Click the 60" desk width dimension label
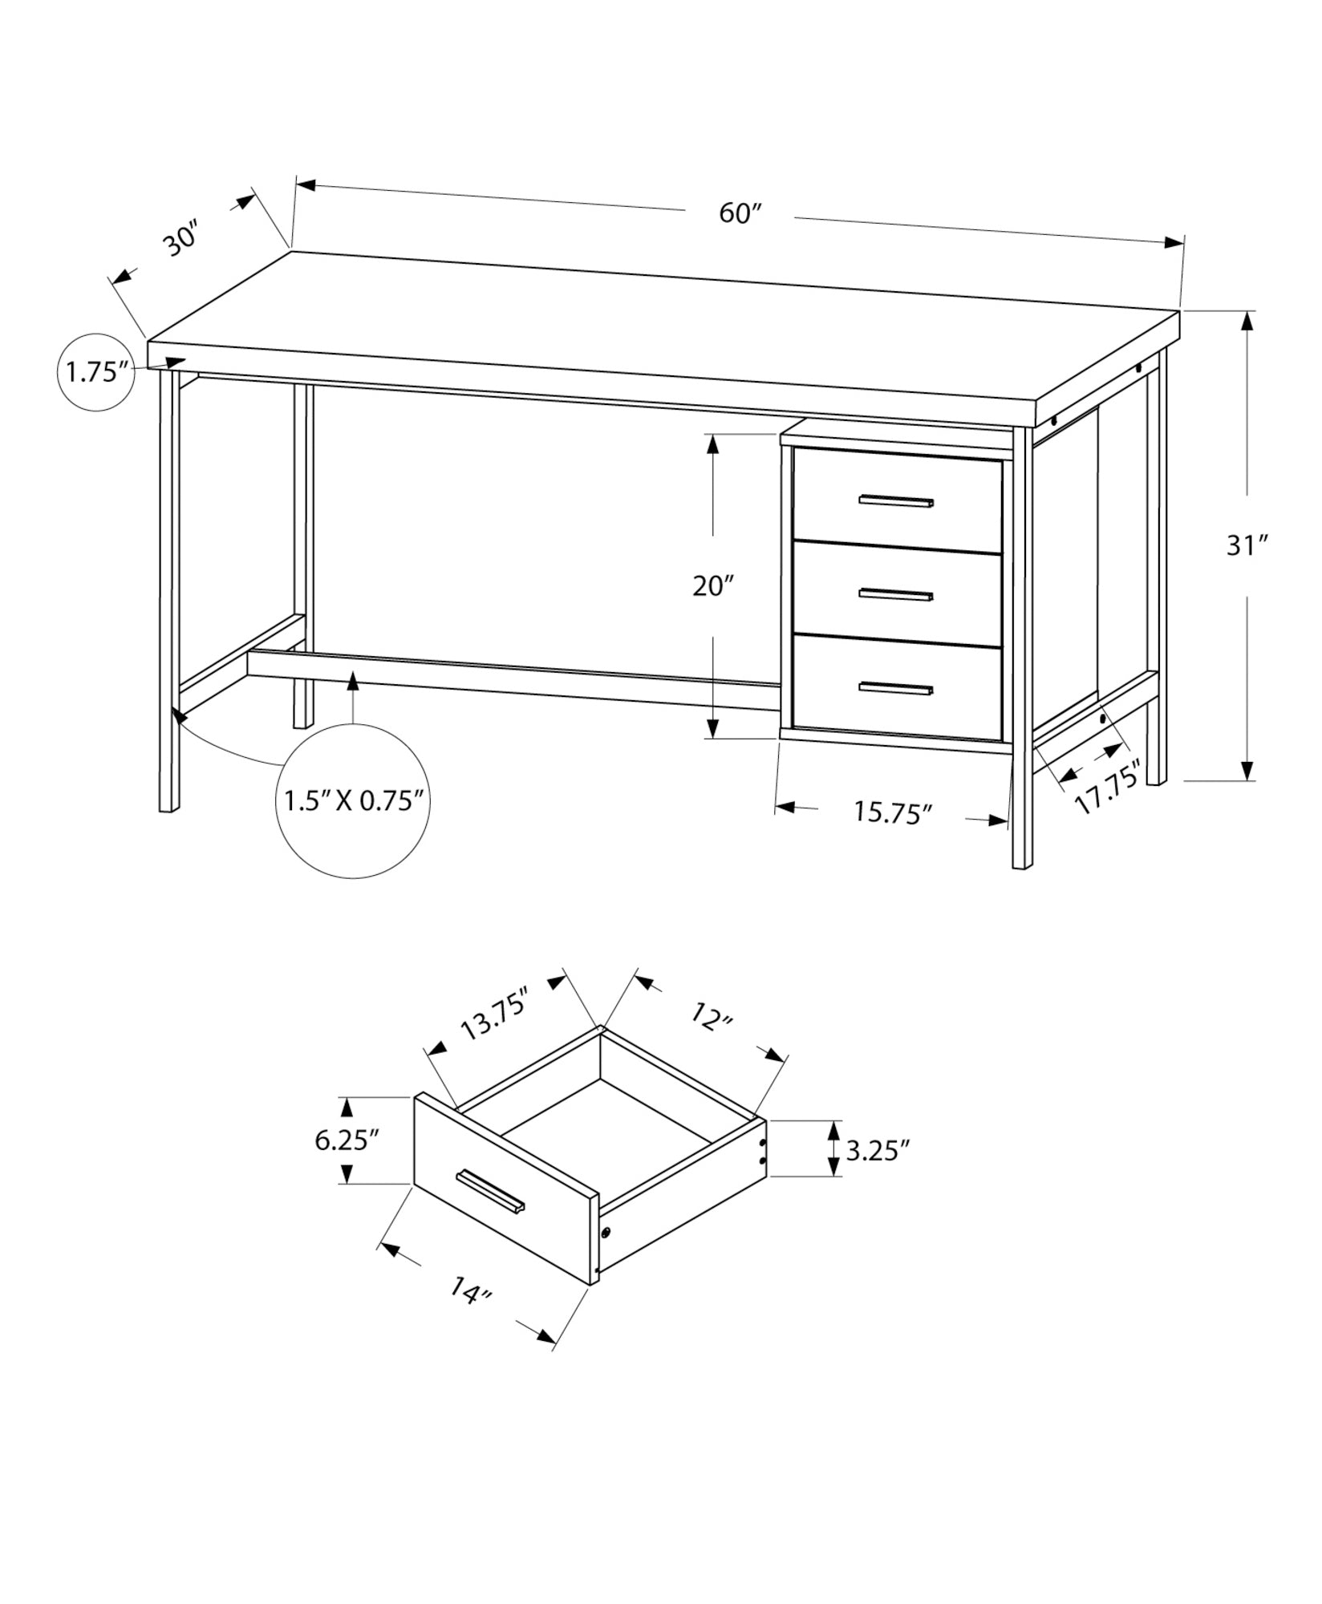tap(739, 213)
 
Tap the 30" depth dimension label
tap(182, 241)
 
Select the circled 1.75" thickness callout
tap(98, 372)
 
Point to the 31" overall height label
tap(1246, 546)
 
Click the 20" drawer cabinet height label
tap(713, 586)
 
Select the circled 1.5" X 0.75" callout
tap(353, 800)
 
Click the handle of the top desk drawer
tap(896, 502)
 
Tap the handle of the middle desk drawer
tap(896, 594)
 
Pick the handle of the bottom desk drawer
tap(896, 687)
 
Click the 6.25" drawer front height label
tap(347, 1140)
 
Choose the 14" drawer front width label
tap(469, 1313)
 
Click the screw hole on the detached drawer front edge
tap(606, 1254)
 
